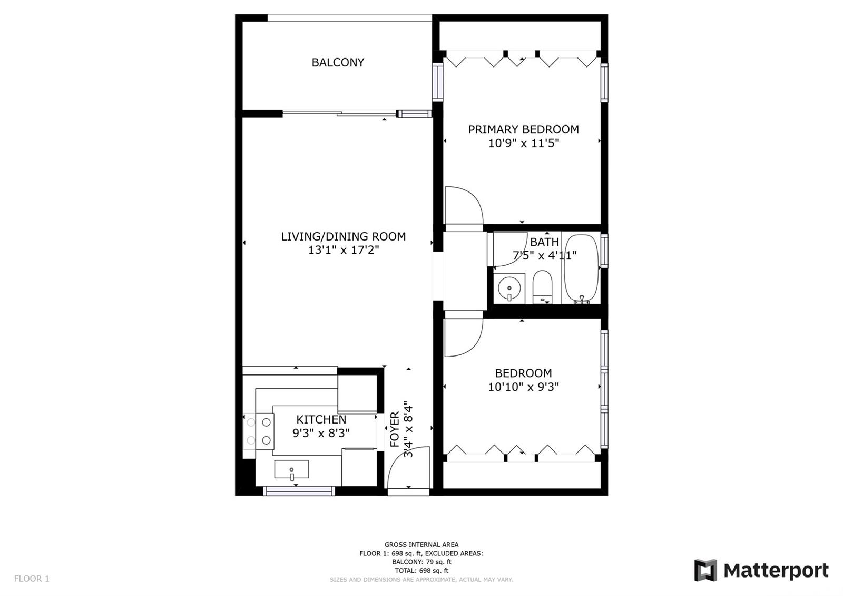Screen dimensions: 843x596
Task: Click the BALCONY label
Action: (338, 63)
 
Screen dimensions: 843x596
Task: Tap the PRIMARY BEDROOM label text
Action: (523, 130)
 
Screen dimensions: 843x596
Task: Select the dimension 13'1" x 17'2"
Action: (343, 250)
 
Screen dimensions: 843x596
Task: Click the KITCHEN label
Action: (321, 420)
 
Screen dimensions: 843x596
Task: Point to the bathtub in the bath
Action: (581, 269)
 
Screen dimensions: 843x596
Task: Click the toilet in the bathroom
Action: (542, 287)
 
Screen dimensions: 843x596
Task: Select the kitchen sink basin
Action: (291, 469)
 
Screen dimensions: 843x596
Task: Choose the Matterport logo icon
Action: (705, 570)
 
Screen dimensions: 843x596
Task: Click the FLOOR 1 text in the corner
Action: (32, 579)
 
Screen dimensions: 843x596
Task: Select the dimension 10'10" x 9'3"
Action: (523, 387)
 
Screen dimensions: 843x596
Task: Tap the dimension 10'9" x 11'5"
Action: (524, 143)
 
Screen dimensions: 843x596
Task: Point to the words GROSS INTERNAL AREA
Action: (421, 544)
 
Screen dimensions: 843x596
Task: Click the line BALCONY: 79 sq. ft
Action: (421, 562)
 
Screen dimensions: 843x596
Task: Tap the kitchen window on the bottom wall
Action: (299, 491)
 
